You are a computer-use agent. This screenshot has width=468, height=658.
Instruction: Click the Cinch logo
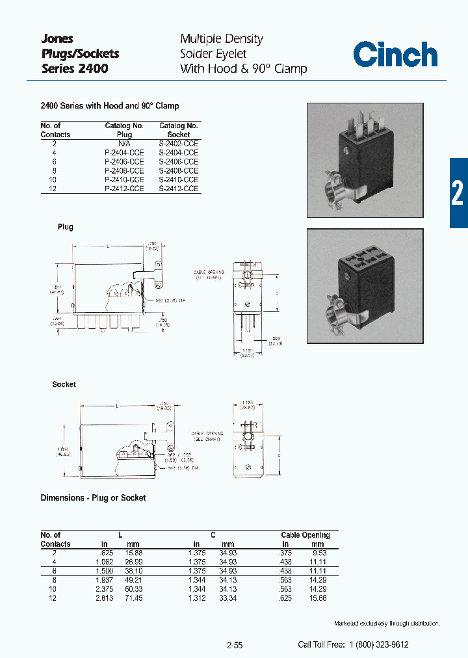[395, 55]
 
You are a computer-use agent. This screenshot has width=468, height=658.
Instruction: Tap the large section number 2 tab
[458, 193]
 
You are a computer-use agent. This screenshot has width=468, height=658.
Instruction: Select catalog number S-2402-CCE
[179, 143]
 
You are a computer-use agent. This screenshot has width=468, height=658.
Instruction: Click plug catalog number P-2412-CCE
[124, 189]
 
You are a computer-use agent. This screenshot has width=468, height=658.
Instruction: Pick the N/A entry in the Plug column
[124, 143]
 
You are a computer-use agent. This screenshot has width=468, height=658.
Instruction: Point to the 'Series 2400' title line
[75, 68]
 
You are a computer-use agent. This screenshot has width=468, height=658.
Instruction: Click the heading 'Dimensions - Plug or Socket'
[93, 497]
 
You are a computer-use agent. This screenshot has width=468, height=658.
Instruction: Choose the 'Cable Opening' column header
[305, 535]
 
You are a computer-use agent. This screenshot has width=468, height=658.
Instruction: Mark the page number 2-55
[235, 645]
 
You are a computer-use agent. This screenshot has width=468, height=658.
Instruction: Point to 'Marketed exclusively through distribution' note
[387, 624]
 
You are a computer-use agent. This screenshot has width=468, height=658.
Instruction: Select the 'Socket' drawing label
[64, 384]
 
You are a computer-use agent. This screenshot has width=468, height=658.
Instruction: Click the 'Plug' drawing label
[65, 227]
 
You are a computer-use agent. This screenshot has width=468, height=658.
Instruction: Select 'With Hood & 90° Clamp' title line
[243, 68]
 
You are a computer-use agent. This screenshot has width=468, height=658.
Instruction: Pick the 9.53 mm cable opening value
[317, 553]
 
